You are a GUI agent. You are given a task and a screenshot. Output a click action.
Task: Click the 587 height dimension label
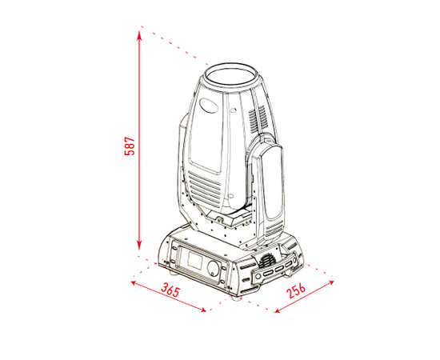point(130,146)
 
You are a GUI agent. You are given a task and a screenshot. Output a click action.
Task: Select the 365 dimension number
point(170,290)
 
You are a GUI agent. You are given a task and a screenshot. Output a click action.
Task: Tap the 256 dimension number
point(296,291)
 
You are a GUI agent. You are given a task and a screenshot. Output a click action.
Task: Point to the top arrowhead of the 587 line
point(139,35)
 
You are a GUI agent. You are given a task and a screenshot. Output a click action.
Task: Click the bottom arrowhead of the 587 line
point(139,245)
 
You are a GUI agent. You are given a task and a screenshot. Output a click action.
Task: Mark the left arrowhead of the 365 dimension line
point(135,283)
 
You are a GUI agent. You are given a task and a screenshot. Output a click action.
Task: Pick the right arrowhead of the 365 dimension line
point(202,310)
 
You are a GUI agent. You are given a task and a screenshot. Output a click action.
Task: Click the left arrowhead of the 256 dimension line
point(278,310)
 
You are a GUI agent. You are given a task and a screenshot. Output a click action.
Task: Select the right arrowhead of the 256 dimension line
point(330,283)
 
